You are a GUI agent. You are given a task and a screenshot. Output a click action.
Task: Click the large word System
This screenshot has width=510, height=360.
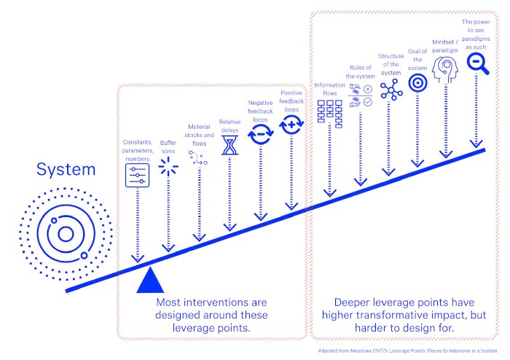(x=66, y=170)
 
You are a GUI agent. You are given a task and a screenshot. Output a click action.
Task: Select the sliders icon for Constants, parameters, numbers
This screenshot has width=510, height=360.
(x=137, y=174)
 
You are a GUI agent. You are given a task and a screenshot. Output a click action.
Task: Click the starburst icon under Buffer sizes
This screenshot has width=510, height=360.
(x=168, y=167)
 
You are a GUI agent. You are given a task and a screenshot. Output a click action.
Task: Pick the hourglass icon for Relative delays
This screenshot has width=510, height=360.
(x=229, y=145)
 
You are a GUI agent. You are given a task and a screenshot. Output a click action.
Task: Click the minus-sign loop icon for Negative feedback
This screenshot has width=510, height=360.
(x=260, y=133)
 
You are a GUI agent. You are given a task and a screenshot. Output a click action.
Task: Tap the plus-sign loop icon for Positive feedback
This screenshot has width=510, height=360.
(x=291, y=125)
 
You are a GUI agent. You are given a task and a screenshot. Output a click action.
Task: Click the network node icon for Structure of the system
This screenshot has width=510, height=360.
(x=390, y=87)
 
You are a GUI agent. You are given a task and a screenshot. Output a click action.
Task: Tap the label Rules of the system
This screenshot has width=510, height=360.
(x=359, y=71)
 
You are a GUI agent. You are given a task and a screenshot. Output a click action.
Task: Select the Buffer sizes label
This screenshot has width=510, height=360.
(x=168, y=146)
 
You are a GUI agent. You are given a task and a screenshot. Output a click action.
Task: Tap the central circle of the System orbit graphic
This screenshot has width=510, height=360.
(x=65, y=233)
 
